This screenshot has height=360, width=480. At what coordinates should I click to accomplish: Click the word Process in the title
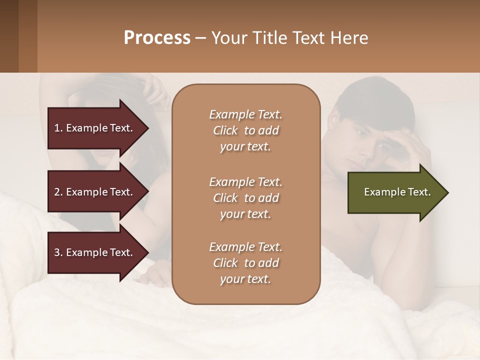pos(157,38)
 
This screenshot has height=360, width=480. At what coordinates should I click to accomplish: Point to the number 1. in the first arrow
pos(58,128)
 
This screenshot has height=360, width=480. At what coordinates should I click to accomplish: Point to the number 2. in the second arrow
pos(58,192)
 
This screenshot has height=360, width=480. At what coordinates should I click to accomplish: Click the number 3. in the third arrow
pos(58,252)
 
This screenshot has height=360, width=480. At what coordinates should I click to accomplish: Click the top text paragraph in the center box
pos(245,130)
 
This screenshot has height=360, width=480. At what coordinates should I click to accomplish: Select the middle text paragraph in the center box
pos(245,198)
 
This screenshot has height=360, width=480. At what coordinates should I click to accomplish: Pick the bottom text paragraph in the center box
pos(245,263)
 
